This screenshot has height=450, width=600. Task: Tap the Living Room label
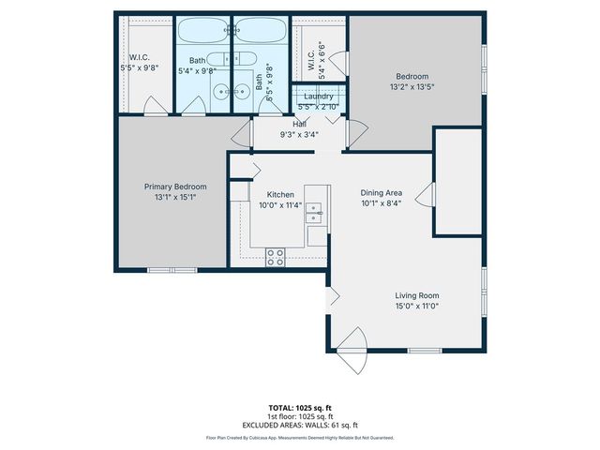click(416, 295)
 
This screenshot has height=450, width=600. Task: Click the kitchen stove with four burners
click(276, 256)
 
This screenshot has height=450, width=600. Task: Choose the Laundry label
click(320, 97)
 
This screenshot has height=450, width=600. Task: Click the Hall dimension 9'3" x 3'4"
click(299, 134)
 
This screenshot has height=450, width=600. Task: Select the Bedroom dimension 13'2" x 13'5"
click(412, 87)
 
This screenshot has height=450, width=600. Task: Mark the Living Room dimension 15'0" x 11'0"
click(416, 306)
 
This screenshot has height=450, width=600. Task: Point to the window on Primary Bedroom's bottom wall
click(172, 270)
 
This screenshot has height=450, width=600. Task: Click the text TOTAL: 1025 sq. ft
click(299, 409)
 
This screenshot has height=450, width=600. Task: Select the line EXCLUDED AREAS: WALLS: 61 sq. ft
click(299, 425)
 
